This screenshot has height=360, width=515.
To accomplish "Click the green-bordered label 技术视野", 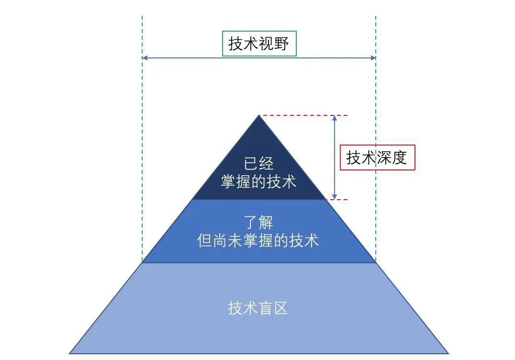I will point(259,44).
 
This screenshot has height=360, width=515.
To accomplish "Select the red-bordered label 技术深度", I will point(377,157).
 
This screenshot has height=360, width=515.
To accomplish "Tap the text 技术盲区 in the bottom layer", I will point(258,308).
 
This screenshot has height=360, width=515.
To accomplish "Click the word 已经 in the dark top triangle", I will point(259,164).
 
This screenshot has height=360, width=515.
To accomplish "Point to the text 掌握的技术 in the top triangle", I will point(258,181).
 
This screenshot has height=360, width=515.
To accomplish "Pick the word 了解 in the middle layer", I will point(258,222).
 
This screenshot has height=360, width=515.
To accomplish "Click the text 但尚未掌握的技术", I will point(258,240).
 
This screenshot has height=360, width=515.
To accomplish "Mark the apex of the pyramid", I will point(259,116).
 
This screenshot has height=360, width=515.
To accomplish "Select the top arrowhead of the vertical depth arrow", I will point(335,118).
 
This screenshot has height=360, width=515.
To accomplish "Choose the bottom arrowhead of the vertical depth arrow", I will point(335,197).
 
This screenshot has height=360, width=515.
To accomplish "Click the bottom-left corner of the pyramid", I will point(70,353).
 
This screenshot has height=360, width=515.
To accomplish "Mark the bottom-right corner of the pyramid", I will point(448,353).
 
